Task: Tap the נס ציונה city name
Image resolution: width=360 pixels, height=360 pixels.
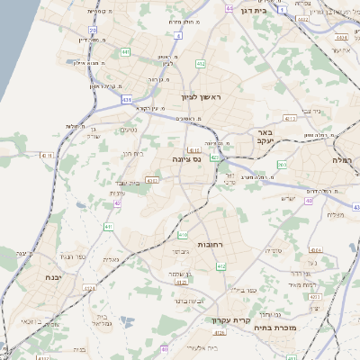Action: (186, 158)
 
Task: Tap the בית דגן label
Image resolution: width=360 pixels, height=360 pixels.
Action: (255, 12)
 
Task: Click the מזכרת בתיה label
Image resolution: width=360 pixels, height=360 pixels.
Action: (301, 328)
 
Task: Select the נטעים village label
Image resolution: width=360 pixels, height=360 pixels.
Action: (130, 130)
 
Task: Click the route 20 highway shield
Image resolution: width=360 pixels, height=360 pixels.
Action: (93, 30)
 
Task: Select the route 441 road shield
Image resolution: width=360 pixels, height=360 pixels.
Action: (125, 53)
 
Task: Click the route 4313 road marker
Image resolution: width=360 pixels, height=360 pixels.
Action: (289, 118)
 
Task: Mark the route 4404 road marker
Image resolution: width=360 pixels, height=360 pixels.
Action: (341, 39)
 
